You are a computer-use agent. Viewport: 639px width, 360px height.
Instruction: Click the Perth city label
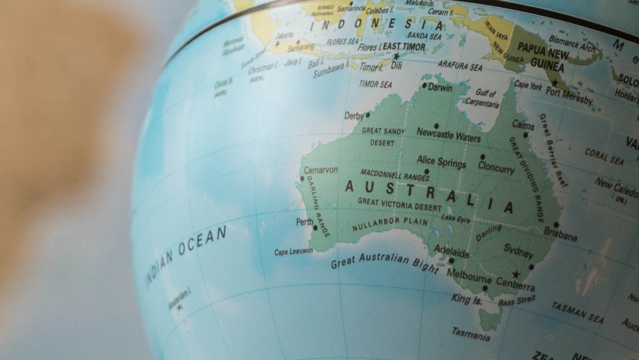pos(304,222)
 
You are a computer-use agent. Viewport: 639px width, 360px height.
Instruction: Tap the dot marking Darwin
pos(424,86)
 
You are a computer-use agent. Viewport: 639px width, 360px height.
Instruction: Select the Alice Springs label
pos(441,161)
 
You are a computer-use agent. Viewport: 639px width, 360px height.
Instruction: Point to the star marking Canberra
pos(516,274)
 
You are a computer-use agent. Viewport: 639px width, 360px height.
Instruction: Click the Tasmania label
pos(471,334)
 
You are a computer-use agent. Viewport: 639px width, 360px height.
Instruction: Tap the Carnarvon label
pos(320,170)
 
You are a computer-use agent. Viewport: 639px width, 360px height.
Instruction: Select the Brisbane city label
pos(560,234)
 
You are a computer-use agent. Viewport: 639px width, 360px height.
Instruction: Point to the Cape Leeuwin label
pos(293,252)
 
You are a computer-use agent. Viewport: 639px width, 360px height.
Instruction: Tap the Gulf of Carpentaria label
pos(483,98)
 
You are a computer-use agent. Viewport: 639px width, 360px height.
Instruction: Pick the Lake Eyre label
pos(456,219)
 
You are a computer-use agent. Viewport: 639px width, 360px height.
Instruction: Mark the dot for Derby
pos(368,115)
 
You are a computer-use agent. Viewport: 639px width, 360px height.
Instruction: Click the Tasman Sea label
pos(577,312)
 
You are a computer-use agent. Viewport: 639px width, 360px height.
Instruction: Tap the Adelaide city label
pos(451,251)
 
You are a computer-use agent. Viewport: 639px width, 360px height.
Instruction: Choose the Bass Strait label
pos(516,301)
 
